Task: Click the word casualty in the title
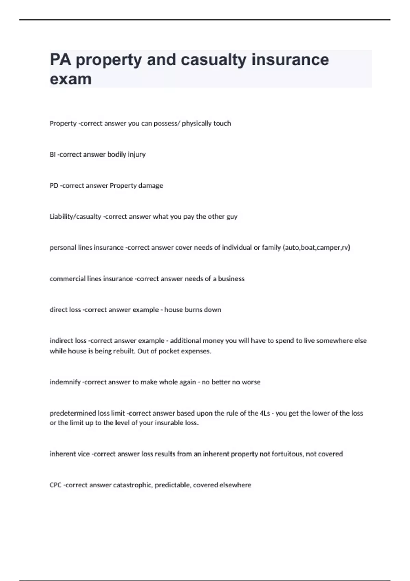click(x=213, y=60)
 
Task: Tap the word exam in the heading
click(x=71, y=79)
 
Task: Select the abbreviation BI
click(x=53, y=154)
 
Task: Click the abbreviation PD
click(x=54, y=186)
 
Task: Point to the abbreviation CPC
click(x=55, y=485)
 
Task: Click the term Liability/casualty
click(x=75, y=217)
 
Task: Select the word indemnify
click(x=65, y=382)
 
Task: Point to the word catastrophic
click(x=132, y=485)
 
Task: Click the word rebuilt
click(x=122, y=351)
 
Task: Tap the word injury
click(x=137, y=154)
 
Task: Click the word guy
click(x=232, y=217)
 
